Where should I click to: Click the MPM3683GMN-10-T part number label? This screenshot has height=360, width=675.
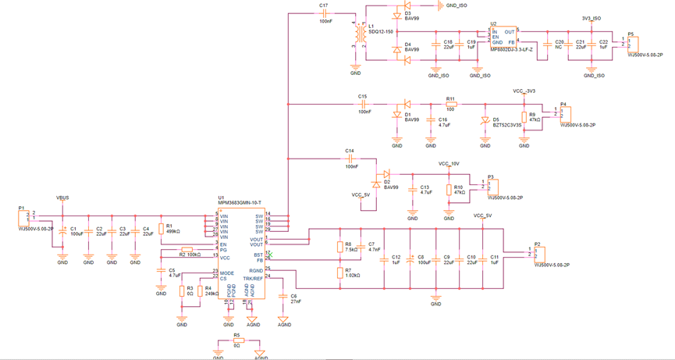(240, 203)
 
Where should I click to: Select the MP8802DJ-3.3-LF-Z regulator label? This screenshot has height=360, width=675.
(511, 49)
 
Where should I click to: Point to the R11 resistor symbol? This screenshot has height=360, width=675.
(451, 104)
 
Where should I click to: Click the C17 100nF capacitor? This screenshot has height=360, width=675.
(325, 13)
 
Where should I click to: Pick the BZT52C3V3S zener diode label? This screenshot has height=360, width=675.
(507, 125)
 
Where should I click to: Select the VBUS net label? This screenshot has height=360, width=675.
(62, 198)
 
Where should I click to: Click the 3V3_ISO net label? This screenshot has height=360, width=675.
(592, 18)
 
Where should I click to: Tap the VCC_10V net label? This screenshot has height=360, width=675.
(449, 164)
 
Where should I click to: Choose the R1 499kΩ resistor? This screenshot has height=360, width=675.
(161, 229)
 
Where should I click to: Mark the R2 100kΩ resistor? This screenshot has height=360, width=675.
(187, 249)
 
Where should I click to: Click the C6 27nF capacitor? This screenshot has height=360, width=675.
(284, 297)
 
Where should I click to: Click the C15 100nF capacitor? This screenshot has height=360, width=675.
(364, 104)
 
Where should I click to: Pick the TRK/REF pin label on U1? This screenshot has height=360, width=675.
(253, 278)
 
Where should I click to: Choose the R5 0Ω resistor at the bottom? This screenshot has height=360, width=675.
(239, 340)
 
